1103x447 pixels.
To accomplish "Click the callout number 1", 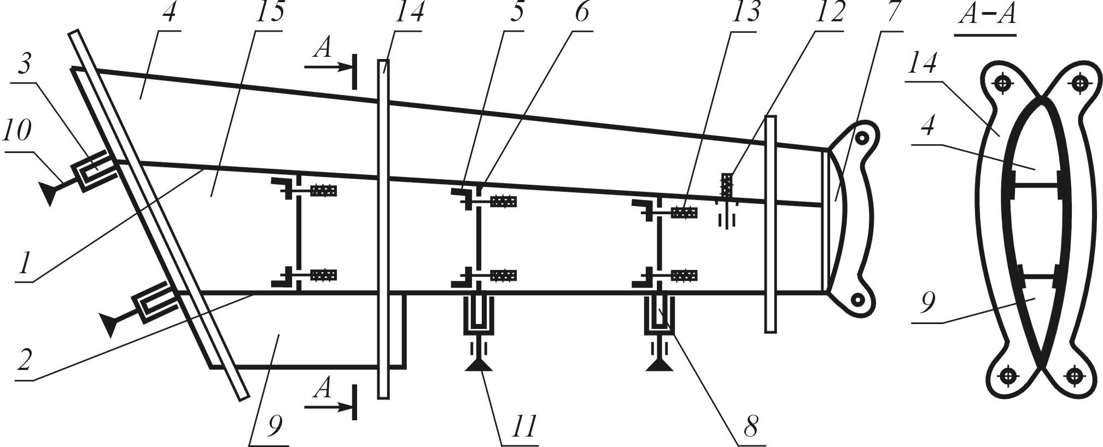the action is pos(23,265).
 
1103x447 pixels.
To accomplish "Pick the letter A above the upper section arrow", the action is pos(324,49).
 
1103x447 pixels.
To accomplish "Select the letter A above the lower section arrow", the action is pos(324,389).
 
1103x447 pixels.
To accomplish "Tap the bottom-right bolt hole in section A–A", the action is pos(1075,376).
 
